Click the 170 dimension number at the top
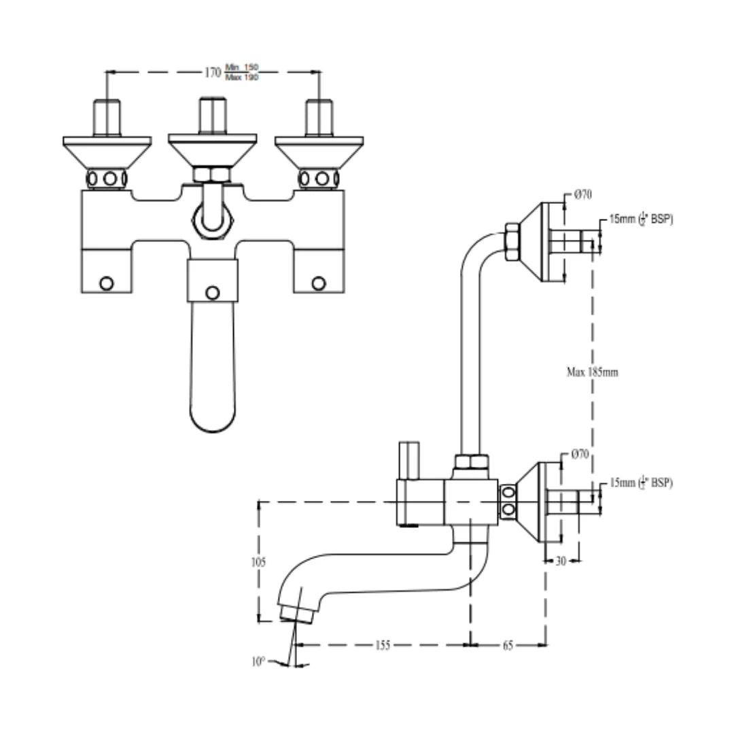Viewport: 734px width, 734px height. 212,71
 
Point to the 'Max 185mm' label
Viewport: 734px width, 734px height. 592,372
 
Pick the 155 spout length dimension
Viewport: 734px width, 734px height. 383,646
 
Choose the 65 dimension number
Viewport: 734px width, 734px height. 508,646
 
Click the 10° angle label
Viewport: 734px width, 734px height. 258,661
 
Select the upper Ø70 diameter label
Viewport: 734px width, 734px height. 582,195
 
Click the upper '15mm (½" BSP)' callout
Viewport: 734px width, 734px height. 641,220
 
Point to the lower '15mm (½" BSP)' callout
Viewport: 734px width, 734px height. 641,483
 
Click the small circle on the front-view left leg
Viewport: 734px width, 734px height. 106,283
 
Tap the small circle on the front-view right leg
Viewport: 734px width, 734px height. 318,283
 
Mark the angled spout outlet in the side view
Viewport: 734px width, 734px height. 296,613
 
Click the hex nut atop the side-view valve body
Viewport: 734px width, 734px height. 472,464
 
